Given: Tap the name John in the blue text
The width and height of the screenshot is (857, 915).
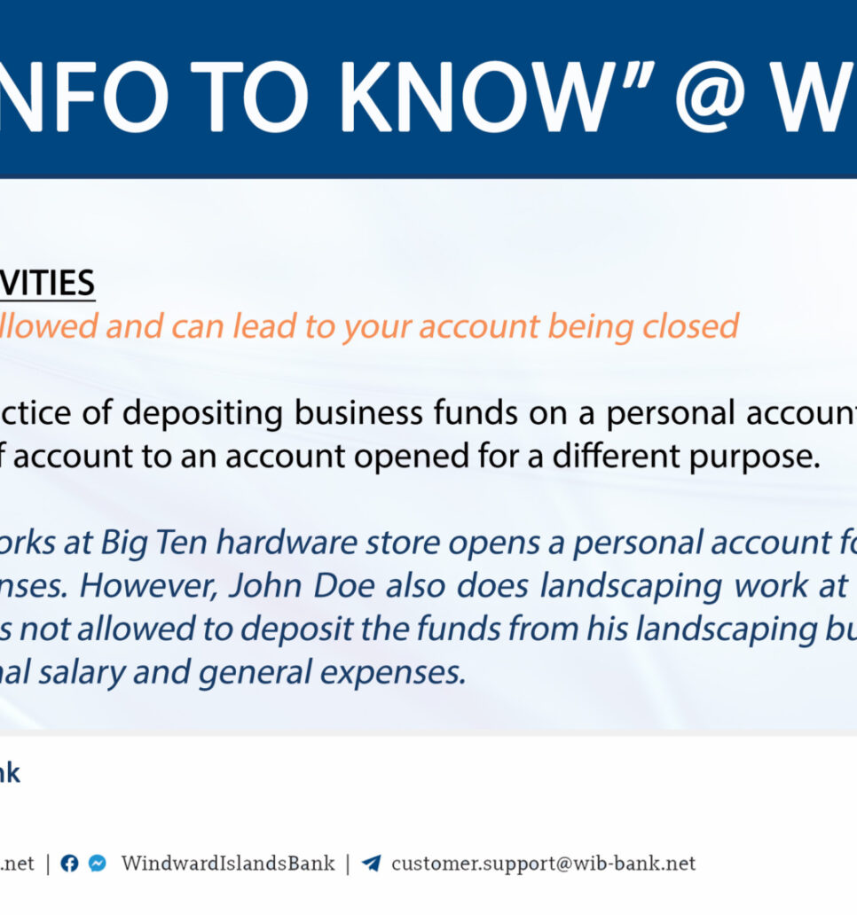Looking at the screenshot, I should (x=271, y=585).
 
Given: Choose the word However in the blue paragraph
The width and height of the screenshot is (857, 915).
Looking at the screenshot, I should (x=154, y=585).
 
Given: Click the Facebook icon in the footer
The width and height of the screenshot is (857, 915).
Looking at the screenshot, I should (x=69, y=864).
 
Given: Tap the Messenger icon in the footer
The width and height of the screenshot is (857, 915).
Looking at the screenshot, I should (x=98, y=864).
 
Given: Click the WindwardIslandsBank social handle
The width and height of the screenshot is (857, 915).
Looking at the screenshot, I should (x=228, y=864).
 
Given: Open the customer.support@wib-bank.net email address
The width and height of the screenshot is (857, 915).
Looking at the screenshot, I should (x=543, y=864).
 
